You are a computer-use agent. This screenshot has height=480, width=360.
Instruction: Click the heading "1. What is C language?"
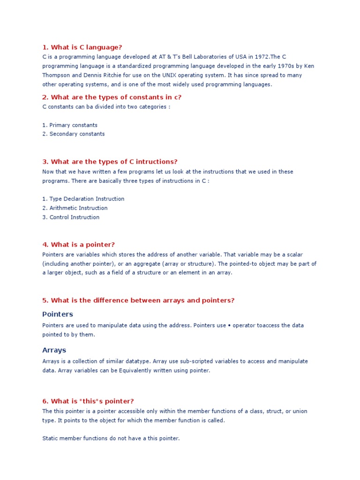pyautogui.click(x=82, y=47)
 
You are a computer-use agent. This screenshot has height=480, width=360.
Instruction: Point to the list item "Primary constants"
pyautogui.click(x=73, y=125)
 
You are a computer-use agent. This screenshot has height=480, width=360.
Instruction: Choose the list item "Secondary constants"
pyautogui.click(x=77, y=134)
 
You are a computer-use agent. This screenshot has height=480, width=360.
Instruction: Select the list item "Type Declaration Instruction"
pyautogui.click(x=87, y=199)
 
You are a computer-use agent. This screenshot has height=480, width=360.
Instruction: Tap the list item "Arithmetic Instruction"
pyautogui.click(x=78, y=208)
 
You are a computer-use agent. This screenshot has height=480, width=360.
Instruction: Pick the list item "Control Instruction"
pyautogui.click(x=74, y=217)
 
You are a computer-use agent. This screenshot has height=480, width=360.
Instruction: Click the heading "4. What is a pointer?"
pyautogui.click(x=78, y=245)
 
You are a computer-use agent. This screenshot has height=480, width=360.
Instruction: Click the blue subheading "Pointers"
pyautogui.click(x=58, y=314)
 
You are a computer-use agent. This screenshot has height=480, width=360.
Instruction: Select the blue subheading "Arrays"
pyautogui.click(x=54, y=350)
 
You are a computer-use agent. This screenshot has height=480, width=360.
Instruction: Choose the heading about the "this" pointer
pyautogui.click(x=88, y=401)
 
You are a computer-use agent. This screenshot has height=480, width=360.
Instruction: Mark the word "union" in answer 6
pyautogui.click(x=299, y=411)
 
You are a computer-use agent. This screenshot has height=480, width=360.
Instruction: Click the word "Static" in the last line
pyautogui.click(x=50, y=438)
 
